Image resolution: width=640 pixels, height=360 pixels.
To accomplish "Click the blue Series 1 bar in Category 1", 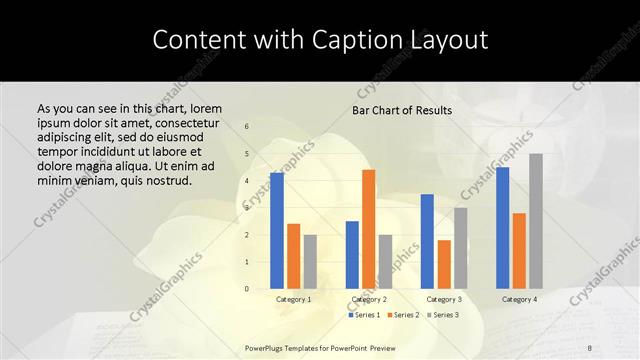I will tap(277, 231).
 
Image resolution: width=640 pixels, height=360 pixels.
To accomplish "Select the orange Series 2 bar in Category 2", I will tap(368, 229).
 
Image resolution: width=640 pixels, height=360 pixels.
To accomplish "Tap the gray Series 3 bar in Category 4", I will tap(536, 221).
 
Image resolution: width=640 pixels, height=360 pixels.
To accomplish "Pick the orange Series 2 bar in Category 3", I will tap(444, 264).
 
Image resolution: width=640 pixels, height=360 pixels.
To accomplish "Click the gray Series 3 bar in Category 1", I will tap(310, 262).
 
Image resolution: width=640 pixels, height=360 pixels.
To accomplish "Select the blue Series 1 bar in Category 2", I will tap(352, 255).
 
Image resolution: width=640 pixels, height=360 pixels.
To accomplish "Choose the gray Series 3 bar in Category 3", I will tap(460, 248).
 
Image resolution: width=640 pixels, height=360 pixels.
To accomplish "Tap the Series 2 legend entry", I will tap(403, 315).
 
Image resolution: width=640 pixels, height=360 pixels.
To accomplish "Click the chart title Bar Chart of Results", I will tap(402, 110).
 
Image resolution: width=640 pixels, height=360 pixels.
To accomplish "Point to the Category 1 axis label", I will tap(293, 300).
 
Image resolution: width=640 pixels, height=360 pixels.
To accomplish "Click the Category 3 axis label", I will tap(444, 300).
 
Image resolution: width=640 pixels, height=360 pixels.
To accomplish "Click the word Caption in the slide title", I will tap(356, 41).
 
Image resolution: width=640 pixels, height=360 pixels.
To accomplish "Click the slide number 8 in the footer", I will tap(590, 348).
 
